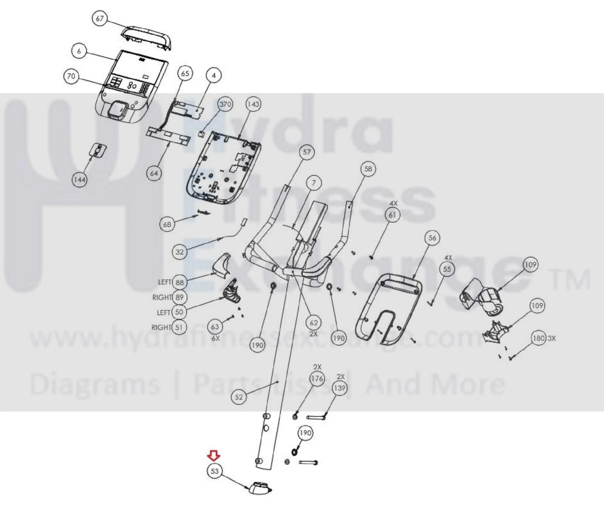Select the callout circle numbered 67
point(100,18)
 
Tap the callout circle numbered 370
point(226,104)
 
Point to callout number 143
point(253,104)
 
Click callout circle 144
point(79,180)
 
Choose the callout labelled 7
point(314,183)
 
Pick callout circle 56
point(432,238)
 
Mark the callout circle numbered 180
point(538,338)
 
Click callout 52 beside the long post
point(239,397)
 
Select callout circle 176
point(317,378)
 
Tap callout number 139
point(340,388)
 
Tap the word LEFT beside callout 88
point(165,282)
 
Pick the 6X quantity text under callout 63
point(215,339)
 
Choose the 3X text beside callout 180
point(551,338)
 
